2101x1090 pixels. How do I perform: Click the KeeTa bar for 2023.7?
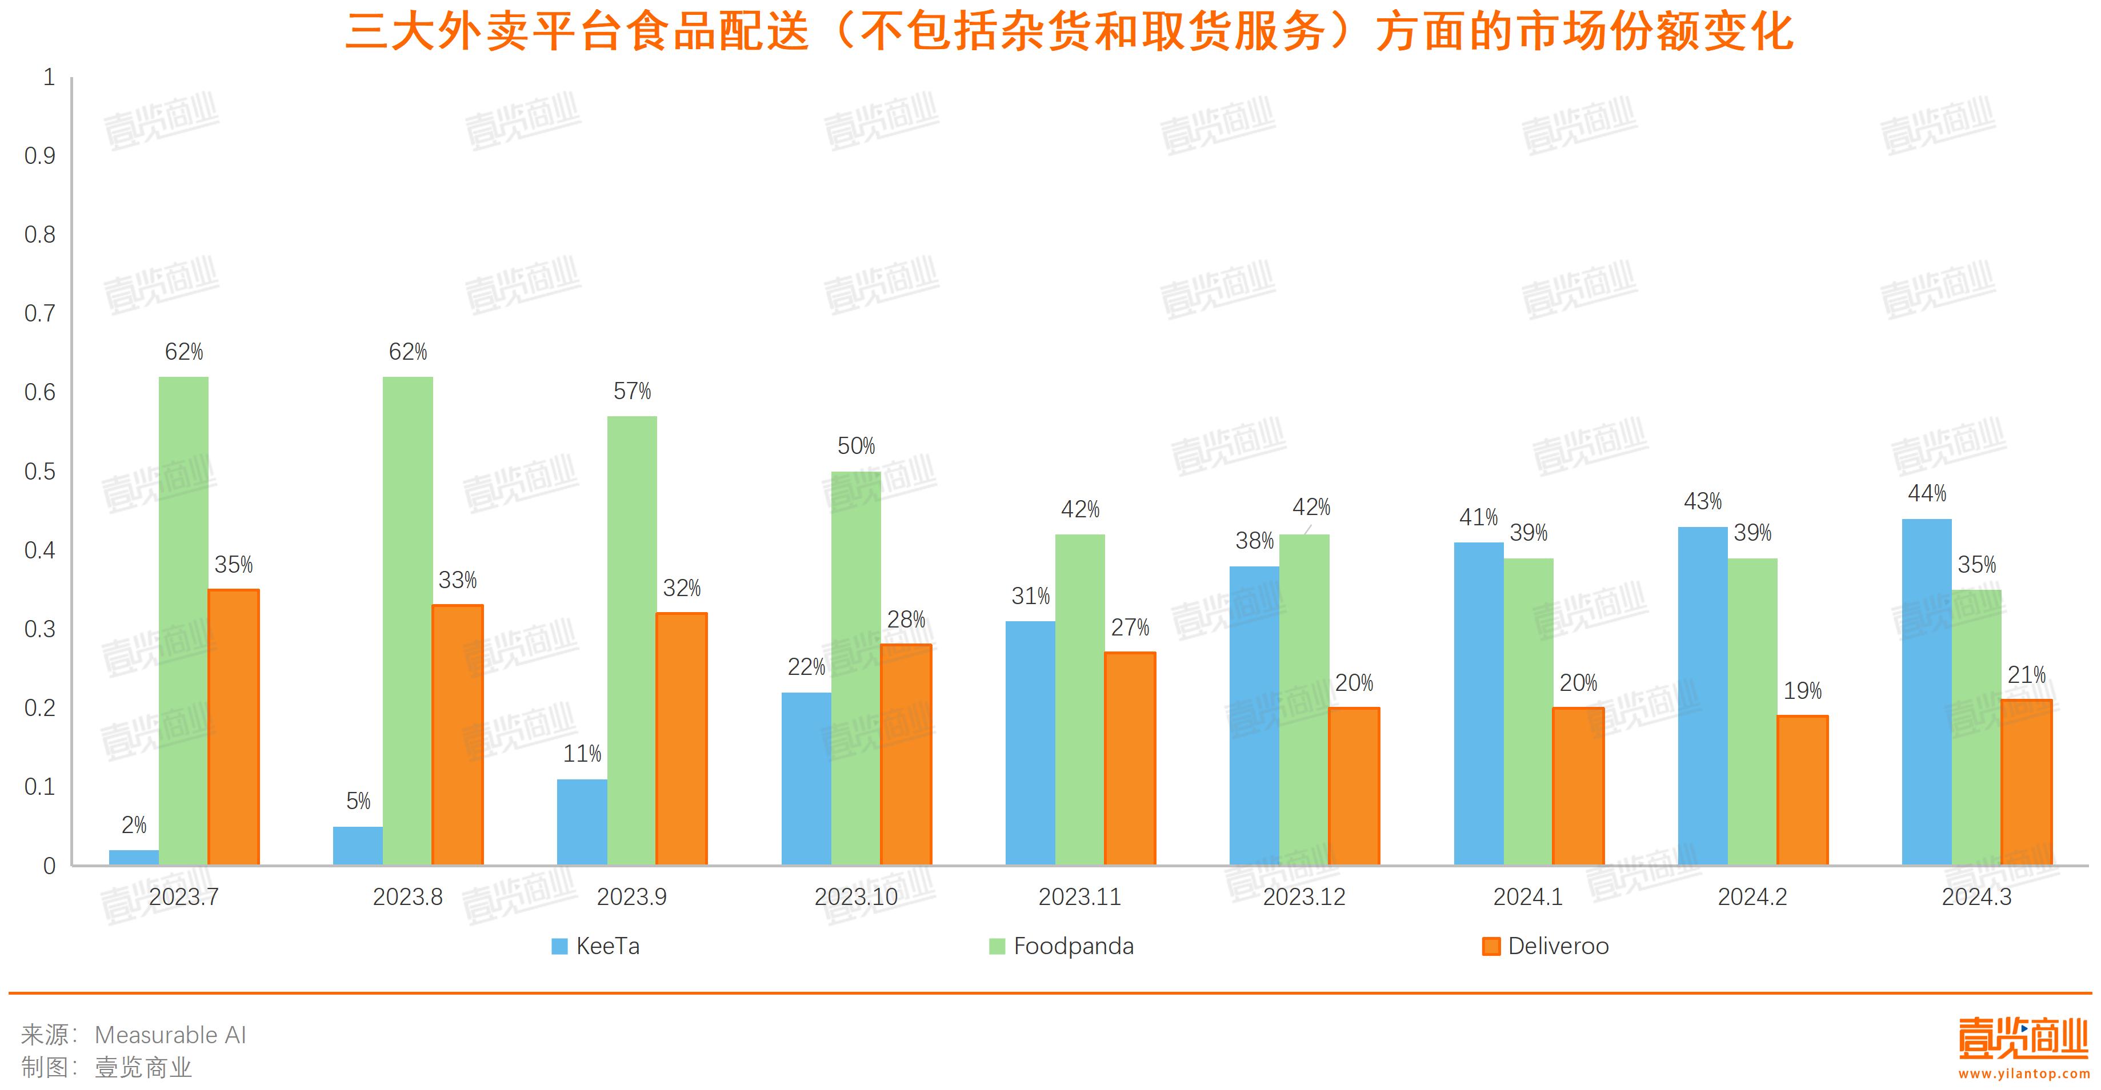(134, 857)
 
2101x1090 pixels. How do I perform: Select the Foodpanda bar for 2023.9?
(632, 640)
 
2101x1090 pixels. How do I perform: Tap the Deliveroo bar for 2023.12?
(1354, 786)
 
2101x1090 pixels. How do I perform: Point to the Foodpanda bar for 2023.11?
(1080, 699)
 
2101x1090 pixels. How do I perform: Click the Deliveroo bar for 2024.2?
(1803, 790)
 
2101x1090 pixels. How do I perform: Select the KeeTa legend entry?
(597, 946)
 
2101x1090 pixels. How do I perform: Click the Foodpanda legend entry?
(1062, 946)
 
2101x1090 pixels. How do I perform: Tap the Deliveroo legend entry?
(1546, 946)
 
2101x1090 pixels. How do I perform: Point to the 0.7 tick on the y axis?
(40, 313)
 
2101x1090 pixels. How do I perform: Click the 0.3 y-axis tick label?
(40, 629)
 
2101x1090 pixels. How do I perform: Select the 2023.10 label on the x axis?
(855, 897)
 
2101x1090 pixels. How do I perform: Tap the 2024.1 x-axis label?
(1528, 897)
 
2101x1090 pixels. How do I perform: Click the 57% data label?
(632, 391)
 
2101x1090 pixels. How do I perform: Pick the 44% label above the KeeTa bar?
(1927, 493)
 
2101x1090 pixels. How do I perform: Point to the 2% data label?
(134, 825)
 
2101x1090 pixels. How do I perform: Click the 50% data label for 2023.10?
(855, 446)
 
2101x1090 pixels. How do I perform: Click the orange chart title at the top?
(1068, 33)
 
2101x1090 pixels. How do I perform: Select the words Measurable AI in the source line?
(170, 1035)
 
